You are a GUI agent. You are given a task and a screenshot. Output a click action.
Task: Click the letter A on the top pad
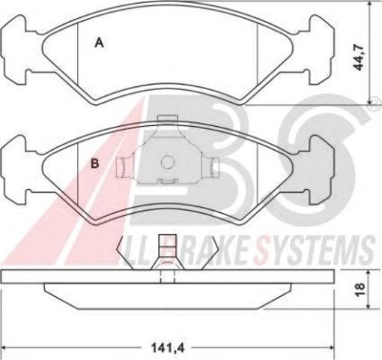(x=99, y=43)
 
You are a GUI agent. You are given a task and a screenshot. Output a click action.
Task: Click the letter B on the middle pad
(x=95, y=163)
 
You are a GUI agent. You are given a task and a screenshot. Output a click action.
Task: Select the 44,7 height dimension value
(x=359, y=58)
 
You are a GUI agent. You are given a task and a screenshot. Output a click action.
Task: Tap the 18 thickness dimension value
(x=360, y=289)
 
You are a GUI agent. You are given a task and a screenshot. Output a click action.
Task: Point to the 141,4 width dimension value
(x=168, y=348)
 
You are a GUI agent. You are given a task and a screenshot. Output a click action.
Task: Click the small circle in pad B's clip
(x=167, y=162)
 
